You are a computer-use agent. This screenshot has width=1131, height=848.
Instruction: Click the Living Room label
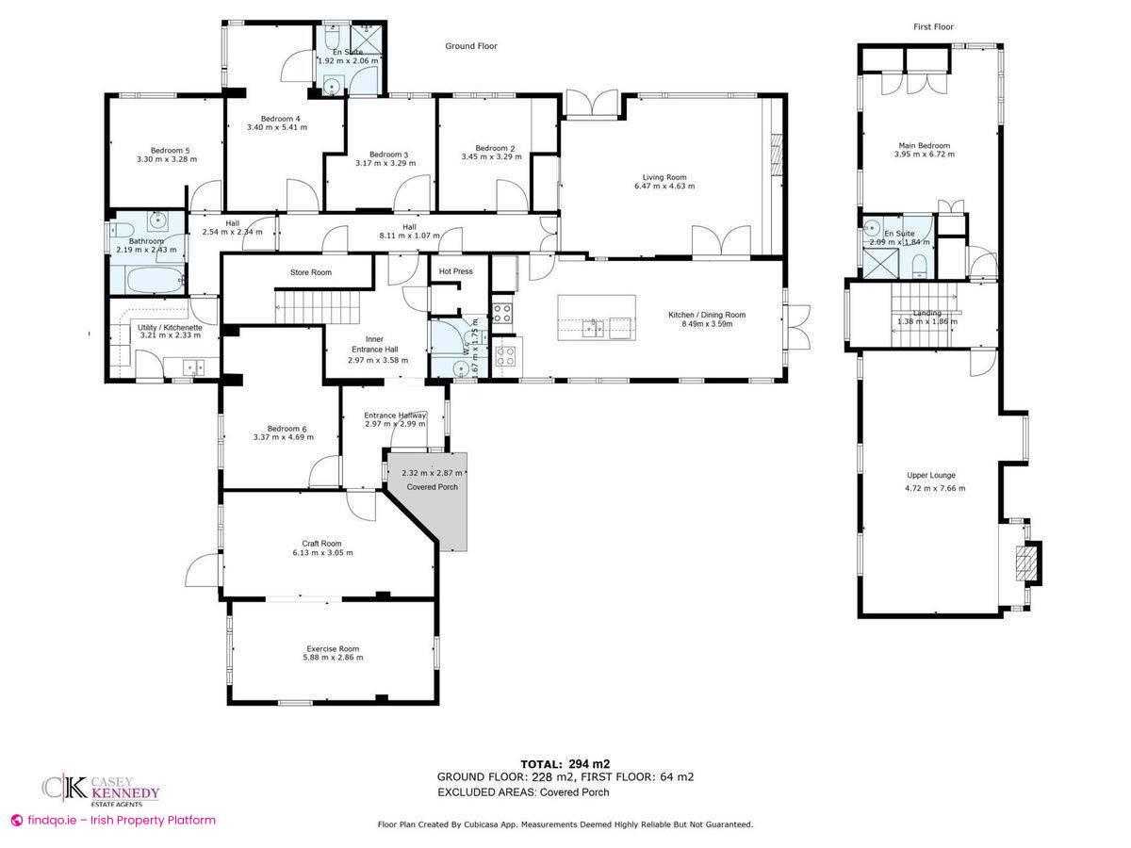[664, 177]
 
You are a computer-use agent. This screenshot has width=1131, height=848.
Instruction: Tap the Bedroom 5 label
[170, 151]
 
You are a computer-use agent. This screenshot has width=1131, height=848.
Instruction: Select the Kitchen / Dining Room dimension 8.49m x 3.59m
[707, 324]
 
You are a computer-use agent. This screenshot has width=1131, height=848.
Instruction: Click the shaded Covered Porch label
[433, 487]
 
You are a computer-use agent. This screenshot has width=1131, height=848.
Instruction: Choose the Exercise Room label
[333, 649]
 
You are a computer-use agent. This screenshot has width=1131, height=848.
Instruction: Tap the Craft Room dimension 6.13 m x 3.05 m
[322, 553]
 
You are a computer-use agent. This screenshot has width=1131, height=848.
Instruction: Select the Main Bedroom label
[925, 146]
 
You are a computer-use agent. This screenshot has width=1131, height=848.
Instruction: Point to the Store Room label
[311, 272]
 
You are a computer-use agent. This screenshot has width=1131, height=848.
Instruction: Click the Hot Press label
[455, 270]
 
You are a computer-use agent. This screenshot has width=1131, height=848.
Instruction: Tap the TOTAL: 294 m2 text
[565, 764]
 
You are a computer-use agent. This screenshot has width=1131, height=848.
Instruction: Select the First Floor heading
[933, 26]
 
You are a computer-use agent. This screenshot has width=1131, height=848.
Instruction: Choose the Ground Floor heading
[471, 46]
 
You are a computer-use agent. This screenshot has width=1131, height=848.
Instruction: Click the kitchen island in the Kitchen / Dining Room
[597, 318]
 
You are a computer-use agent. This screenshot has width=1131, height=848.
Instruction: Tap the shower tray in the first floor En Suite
[880, 263]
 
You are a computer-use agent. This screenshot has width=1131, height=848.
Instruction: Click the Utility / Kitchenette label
[170, 328]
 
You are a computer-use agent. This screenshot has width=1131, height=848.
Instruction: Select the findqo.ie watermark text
[113, 820]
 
